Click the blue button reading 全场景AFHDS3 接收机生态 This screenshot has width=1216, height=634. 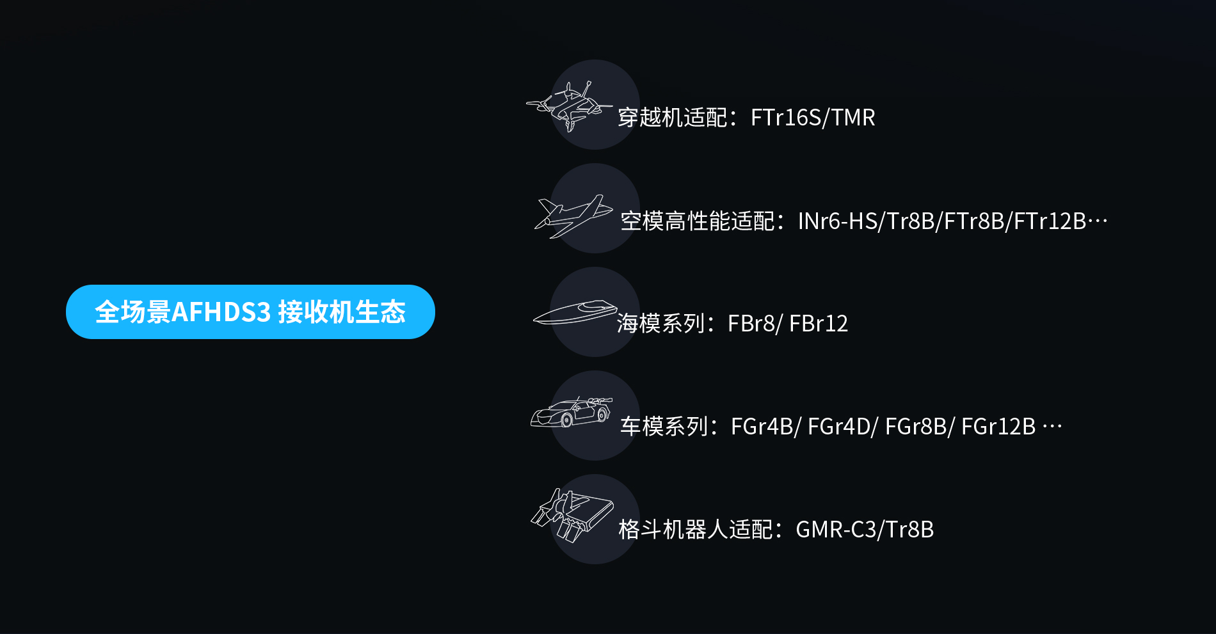[x=250, y=312]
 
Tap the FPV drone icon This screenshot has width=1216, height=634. [x=569, y=106]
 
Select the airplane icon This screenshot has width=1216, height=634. [x=573, y=216]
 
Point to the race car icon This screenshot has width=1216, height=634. [x=571, y=412]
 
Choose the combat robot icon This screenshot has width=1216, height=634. [x=572, y=514]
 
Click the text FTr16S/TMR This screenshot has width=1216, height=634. [x=812, y=118]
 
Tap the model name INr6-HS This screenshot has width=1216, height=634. [x=837, y=221]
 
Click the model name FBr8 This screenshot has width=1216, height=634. [x=750, y=324]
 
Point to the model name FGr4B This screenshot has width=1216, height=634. [x=762, y=427]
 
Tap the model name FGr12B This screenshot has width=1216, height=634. [x=998, y=427]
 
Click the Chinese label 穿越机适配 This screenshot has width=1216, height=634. [x=672, y=118]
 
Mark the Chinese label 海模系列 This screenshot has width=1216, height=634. [x=661, y=324]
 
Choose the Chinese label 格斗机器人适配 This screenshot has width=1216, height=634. [x=695, y=530]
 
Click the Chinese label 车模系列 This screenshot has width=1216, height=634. [x=664, y=427]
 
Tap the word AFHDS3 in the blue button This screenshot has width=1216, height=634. [x=221, y=312]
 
